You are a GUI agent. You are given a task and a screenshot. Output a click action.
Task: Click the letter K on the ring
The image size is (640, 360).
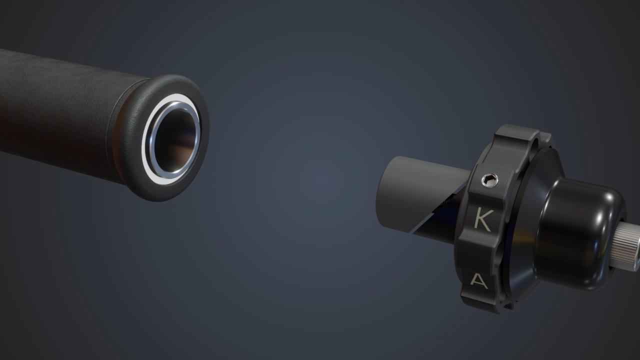pos(482,220)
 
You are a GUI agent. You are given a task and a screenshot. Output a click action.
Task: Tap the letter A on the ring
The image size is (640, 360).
pos(479,281)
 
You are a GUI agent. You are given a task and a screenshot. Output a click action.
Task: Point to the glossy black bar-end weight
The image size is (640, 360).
pos(580,225)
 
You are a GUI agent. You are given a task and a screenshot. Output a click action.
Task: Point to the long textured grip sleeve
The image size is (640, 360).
pos(55,105)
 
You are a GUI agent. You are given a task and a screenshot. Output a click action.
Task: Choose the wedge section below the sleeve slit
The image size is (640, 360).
pos(437,230)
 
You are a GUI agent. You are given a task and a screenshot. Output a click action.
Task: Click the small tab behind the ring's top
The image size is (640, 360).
pos(546,137)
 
